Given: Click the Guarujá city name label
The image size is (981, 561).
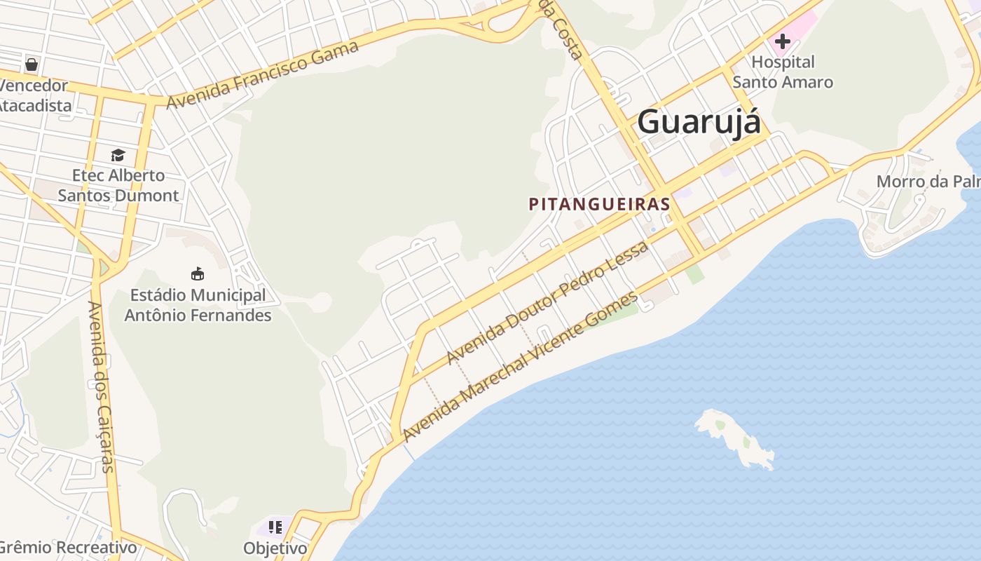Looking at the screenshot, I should tap(699, 122).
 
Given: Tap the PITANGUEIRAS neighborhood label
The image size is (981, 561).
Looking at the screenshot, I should tap(599, 204).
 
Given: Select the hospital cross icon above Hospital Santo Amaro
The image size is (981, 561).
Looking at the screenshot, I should tap(782, 41).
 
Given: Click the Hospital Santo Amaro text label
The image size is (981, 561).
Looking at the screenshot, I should tap(783, 72).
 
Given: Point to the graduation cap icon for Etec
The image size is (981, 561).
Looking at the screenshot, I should tap(118, 155).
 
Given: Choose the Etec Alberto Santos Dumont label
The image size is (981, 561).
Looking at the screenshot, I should tap(118, 185).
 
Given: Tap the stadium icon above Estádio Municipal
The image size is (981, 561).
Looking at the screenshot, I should tap(198, 273).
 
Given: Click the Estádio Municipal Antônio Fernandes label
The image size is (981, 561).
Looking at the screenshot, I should tap(198, 305).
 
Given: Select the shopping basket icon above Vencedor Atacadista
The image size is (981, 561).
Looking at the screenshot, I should tap(32, 65).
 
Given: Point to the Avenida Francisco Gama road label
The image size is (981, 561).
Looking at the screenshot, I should tap(263, 74).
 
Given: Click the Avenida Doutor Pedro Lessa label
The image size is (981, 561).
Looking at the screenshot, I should tap(547, 302).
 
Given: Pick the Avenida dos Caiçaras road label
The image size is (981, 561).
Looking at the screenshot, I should tap(101, 386).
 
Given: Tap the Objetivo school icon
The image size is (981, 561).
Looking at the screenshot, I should tap(275, 527).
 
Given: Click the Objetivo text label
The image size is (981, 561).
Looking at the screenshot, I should tap(275, 548).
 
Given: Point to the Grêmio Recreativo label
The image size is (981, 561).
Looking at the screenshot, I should tap(68, 547).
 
